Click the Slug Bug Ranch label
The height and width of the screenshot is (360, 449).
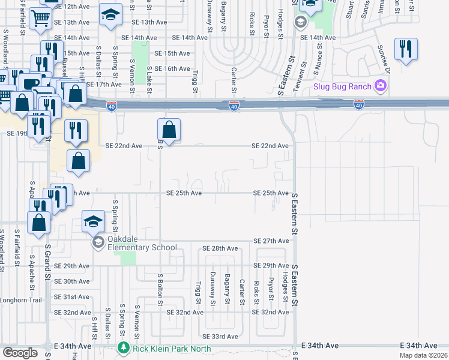coord(343,86)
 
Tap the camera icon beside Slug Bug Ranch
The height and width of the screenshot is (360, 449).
coord(380,86)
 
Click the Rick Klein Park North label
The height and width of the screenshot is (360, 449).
coord(164,348)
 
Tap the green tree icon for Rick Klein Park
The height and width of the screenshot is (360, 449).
coord(124,348)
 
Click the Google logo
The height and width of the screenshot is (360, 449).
coord(20,353)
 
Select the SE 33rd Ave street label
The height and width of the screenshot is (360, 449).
coord(220,337)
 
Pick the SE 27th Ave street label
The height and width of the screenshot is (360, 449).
coord(271,241)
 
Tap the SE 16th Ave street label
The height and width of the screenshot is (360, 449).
coord(172,69)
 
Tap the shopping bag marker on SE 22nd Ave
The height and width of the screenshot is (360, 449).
coord(169,129)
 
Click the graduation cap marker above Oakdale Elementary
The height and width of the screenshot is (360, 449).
coord(94,222)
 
